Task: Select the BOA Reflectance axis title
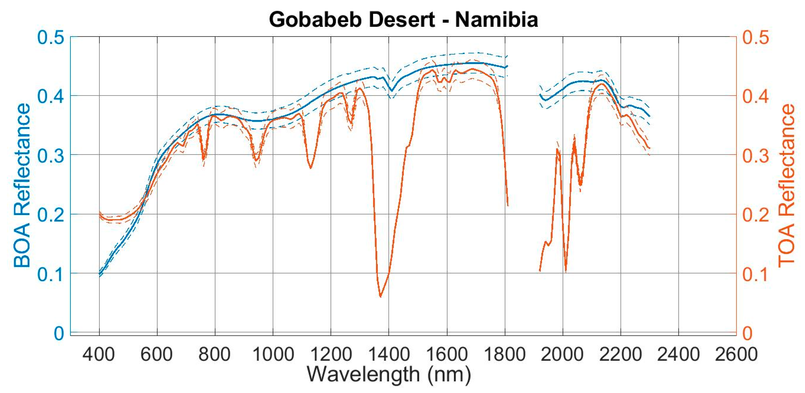coord(22,186)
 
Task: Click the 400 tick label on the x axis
coord(99,355)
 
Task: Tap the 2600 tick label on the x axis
coord(736,355)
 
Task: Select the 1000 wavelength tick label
coord(273,355)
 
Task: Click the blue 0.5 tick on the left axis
coord(50,37)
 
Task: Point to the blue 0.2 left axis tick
coord(50,215)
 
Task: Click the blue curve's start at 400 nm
coord(100,274)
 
